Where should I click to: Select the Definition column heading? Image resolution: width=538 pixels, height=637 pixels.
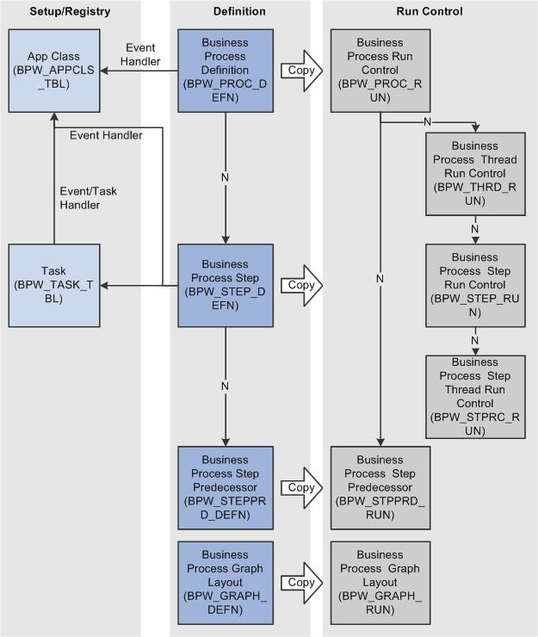pos(239,12)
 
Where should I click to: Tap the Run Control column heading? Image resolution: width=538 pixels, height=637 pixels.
pos(430,12)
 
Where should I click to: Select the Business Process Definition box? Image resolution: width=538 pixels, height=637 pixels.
pos(225,70)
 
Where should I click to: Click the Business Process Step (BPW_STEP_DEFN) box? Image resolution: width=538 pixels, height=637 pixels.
pos(225,284)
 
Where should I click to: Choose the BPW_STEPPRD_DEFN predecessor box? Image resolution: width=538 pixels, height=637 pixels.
pos(225,487)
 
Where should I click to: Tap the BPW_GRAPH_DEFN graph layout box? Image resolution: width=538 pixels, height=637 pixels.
pos(225,583)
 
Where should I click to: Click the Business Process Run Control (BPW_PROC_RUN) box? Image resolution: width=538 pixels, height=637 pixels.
pos(380,70)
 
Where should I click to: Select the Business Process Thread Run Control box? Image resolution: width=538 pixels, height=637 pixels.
pos(474,173)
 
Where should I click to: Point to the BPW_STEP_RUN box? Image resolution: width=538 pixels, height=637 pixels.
pos(474,284)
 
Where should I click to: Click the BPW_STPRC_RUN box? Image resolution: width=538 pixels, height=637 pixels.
pos(474,397)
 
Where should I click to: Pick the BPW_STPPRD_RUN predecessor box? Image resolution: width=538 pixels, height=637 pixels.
pos(380,487)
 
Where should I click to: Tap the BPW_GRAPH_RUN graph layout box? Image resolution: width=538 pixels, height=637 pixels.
pos(380,583)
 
